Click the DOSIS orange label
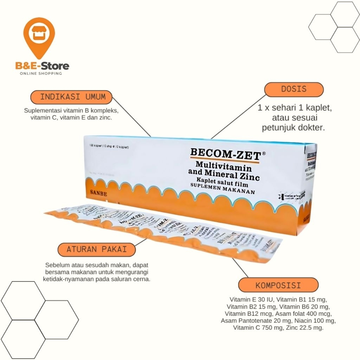[294, 89]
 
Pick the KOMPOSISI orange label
[278, 285]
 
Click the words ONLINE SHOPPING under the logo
[41, 73]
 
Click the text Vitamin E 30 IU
[251, 300]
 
